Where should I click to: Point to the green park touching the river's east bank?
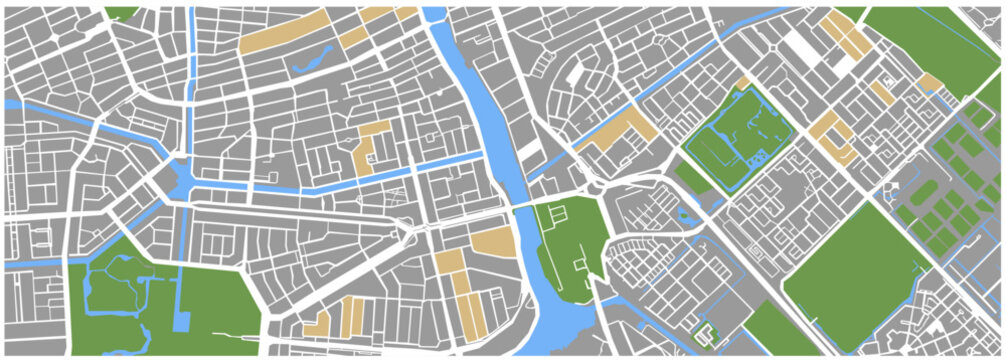570,245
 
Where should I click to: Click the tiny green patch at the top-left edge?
120,13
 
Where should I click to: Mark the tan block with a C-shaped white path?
830,135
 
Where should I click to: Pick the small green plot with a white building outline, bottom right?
707,335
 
